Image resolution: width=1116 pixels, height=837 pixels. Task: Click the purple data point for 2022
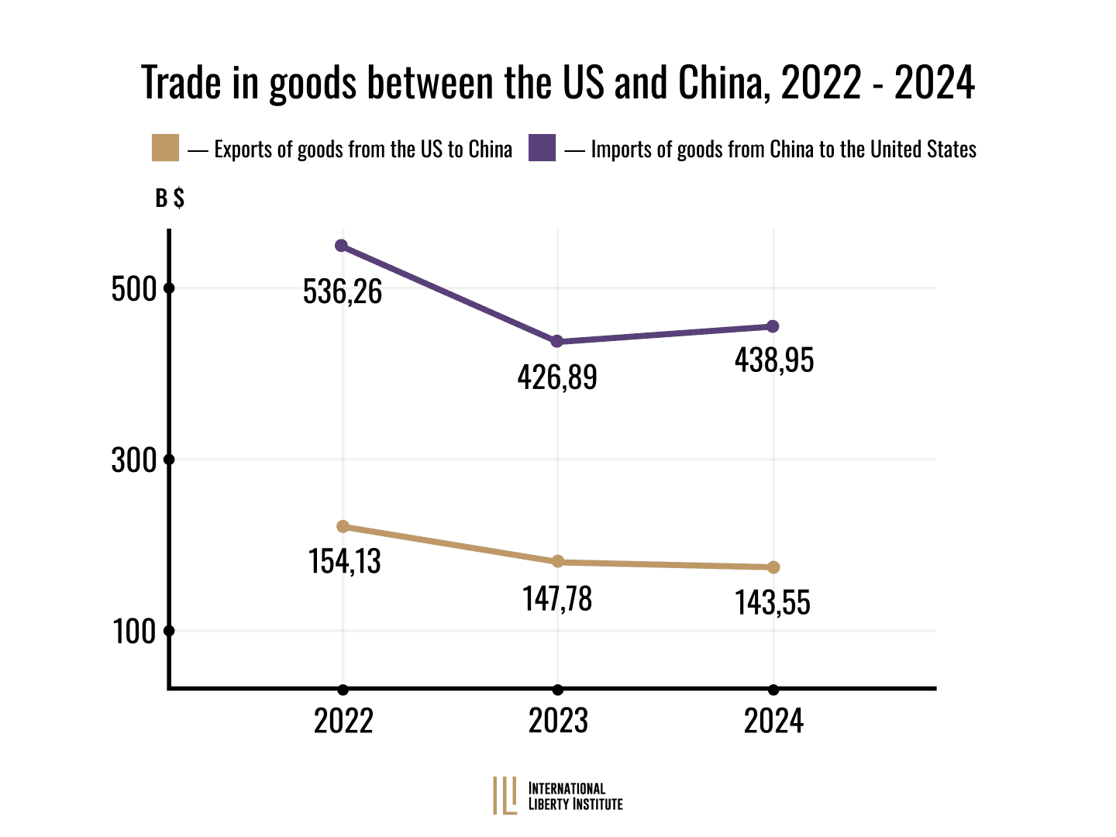(x=341, y=246)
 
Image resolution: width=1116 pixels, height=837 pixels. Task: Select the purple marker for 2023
(x=556, y=342)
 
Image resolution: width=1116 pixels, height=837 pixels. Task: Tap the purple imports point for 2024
(x=773, y=326)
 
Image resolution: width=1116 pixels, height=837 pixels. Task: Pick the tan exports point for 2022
(x=343, y=527)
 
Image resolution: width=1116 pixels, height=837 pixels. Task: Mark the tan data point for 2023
(x=557, y=562)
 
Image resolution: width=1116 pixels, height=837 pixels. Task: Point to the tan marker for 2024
(x=773, y=567)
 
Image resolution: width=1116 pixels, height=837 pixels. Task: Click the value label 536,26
(x=343, y=291)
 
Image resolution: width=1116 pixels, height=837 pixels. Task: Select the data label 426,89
(x=557, y=377)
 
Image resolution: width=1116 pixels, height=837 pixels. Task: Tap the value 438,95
(x=774, y=360)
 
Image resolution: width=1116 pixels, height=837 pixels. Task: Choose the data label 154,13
(x=345, y=561)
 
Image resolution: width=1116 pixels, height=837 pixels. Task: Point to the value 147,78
(x=557, y=598)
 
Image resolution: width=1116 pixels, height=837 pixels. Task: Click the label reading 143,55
(x=773, y=603)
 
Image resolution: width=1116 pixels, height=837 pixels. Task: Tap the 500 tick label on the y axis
(x=134, y=289)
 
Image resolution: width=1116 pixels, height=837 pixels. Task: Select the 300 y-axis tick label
(x=134, y=460)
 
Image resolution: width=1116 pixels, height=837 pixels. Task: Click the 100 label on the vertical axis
(x=135, y=632)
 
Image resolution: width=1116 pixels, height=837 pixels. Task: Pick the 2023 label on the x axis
(x=558, y=721)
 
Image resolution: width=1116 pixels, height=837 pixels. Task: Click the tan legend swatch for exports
(x=165, y=148)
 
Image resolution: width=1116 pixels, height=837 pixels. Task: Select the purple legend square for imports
(x=542, y=148)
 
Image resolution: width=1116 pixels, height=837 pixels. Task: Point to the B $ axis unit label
(x=170, y=198)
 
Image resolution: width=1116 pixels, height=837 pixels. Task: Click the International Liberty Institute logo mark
(x=505, y=796)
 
